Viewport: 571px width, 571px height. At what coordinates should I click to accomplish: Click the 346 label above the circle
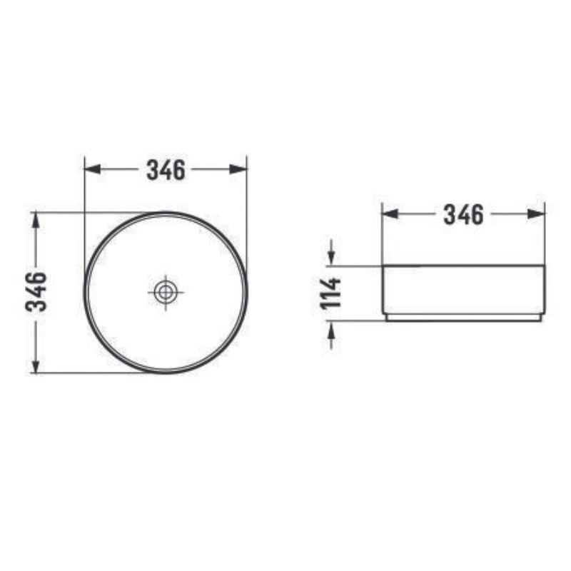pos(166,170)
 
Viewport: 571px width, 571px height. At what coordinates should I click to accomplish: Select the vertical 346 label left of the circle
pos(36,292)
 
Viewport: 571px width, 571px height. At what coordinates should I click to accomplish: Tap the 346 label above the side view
pos(463,215)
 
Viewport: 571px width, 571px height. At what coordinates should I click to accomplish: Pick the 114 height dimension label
pos(330,293)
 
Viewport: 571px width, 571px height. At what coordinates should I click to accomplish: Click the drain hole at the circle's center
pos(166,292)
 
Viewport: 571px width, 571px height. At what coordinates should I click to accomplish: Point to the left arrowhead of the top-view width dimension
pos(93,169)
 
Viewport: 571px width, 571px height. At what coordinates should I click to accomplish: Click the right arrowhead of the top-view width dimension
pos(238,169)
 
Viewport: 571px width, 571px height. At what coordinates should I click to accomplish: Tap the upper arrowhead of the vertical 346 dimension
pos(35,220)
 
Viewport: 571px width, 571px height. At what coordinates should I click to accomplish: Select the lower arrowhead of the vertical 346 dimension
pos(35,365)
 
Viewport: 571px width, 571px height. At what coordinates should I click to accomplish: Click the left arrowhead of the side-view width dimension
pos(390,214)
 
